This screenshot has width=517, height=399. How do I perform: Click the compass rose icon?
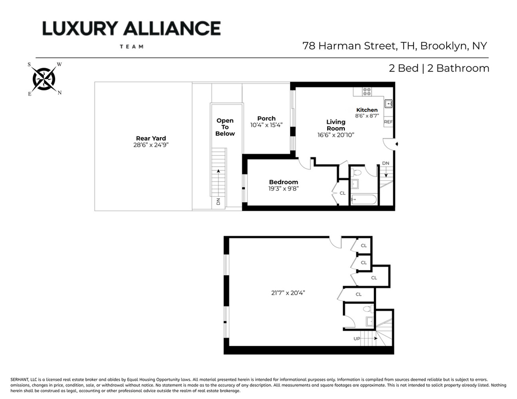[44, 79]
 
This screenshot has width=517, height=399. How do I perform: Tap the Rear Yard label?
[151, 138]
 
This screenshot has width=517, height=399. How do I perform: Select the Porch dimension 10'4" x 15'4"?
[266, 125]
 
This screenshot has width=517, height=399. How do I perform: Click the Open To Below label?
[225, 127]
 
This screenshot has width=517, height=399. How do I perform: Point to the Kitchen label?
[367, 110]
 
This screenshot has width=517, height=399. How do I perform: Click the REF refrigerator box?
[389, 122]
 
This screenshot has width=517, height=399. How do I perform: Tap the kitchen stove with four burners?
[367, 91]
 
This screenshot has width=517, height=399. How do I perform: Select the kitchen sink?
[389, 104]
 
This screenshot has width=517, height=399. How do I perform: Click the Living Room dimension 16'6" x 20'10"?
[335, 135]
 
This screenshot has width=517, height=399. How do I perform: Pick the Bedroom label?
[283, 182]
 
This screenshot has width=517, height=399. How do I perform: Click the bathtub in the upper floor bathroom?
[364, 199]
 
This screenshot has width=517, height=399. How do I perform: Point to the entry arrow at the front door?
[397, 144]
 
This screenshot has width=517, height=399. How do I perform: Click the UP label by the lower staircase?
[357, 339]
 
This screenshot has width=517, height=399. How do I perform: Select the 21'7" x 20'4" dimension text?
[288, 293]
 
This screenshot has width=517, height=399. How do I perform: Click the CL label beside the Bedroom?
[343, 193]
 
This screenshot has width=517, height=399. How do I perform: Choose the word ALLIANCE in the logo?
[172, 29]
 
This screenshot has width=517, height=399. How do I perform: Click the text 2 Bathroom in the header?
[458, 68]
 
